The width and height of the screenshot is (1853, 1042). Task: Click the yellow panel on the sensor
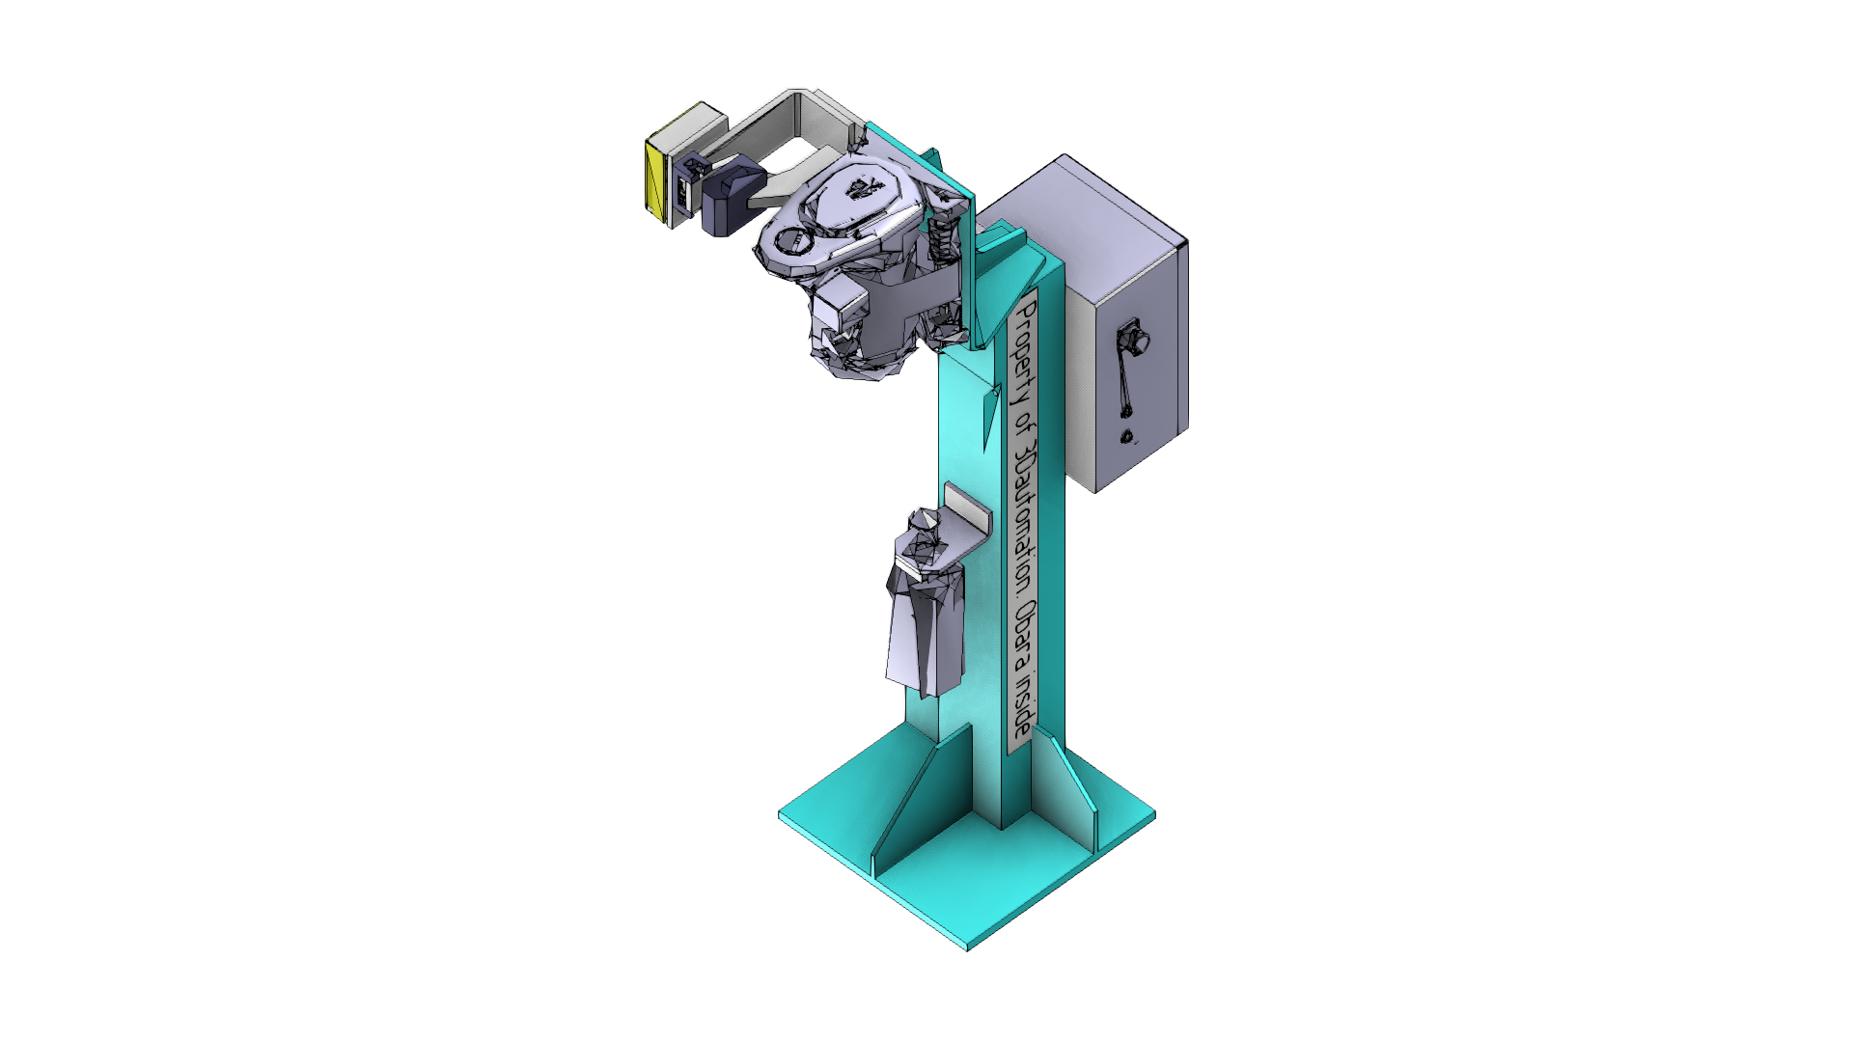coord(656,182)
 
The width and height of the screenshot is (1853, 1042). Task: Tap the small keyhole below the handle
coord(1127,438)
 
